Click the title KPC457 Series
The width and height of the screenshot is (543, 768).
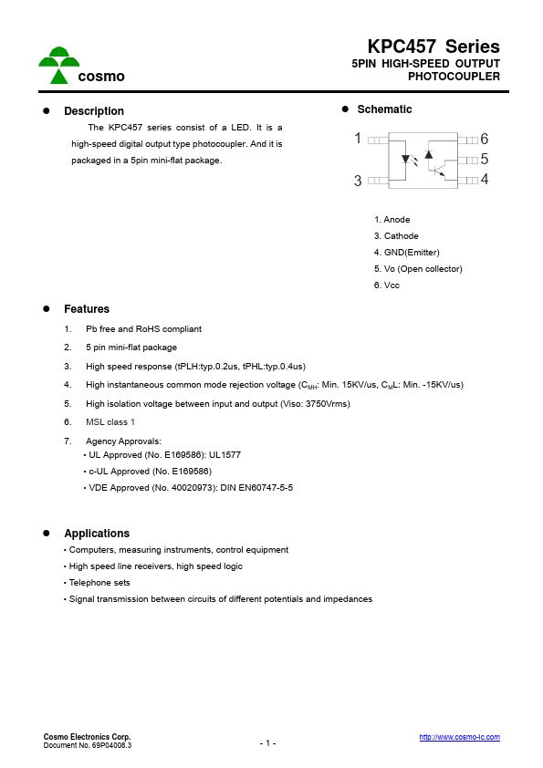[433, 47]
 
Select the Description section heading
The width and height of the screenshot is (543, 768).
[93, 111]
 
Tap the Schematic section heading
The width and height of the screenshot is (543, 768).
[384, 109]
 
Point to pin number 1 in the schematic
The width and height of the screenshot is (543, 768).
[359, 139]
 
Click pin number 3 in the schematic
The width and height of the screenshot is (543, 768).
[359, 181]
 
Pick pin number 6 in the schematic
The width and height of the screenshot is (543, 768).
[485, 140]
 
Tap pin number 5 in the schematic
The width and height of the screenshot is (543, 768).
[485, 159]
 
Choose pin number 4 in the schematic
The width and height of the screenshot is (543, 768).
[485, 179]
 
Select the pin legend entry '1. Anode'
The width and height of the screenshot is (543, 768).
[392, 220]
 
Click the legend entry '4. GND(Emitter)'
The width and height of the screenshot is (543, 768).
[406, 253]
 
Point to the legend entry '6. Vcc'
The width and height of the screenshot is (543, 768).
[386, 285]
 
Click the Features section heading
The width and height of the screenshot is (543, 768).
[86, 309]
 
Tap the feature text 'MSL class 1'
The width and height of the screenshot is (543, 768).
[110, 422]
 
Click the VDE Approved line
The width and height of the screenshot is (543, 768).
[190, 487]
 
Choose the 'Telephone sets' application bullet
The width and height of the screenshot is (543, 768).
[99, 583]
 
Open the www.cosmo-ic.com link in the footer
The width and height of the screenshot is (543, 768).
[459, 737]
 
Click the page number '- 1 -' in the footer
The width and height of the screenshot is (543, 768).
[267, 743]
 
